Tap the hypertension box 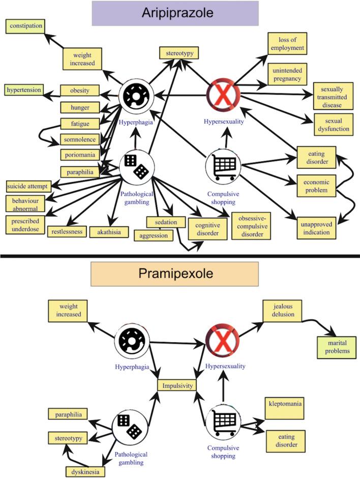[x=23, y=91]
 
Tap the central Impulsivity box [x=177, y=385]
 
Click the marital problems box [x=336, y=347]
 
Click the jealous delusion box [x=282, y=311]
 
